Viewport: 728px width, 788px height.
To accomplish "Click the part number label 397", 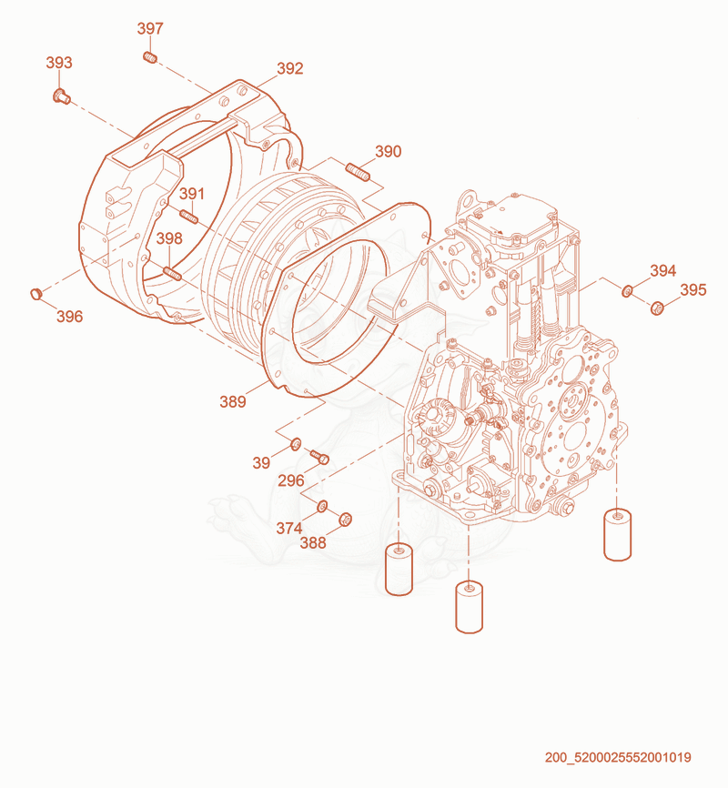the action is tap(150, 28).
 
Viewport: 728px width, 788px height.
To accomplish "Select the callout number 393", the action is tap(59, 63).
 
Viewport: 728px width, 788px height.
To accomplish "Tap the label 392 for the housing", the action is tap(290, 68).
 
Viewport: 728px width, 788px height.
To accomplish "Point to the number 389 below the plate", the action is tap(233, 401).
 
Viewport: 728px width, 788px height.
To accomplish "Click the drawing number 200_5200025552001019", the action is tap(618, 757).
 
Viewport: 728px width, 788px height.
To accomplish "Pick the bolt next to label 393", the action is tap(61, 96).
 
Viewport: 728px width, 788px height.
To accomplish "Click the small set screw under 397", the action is tap(150, 58).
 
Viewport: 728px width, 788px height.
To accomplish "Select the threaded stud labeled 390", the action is tap(358, 171).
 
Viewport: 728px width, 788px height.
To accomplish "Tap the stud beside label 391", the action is tap(189, 217).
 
